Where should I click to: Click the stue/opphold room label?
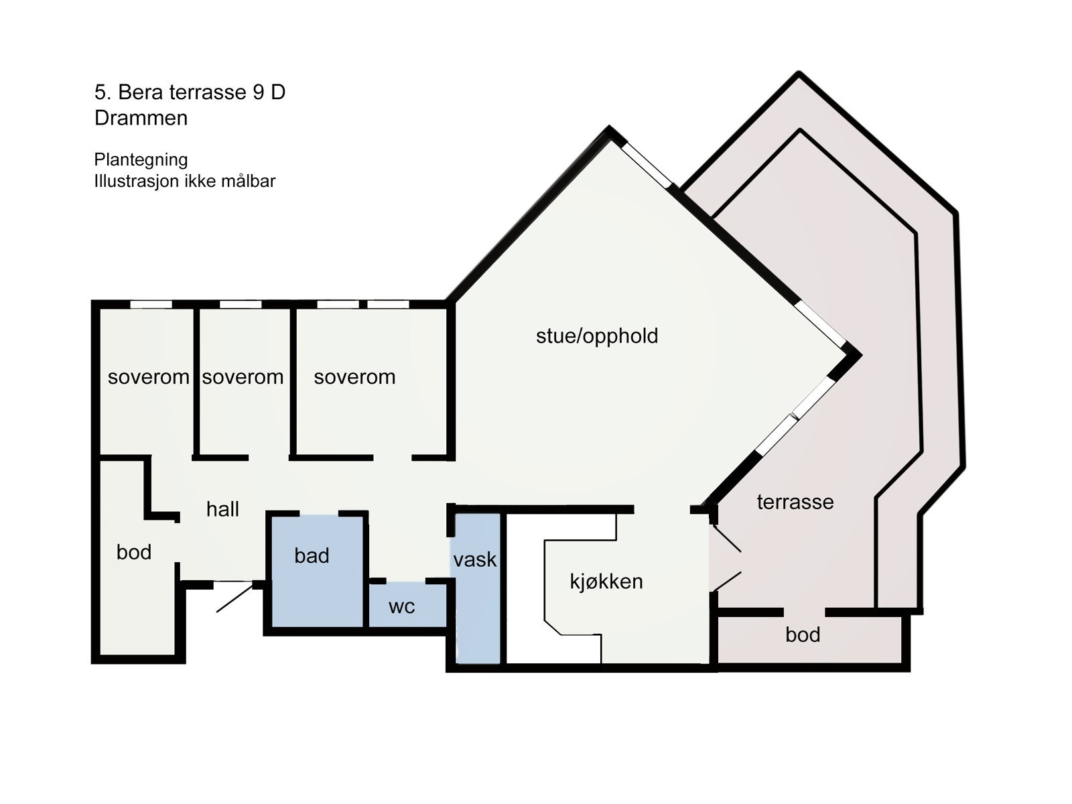(x=596, y=336)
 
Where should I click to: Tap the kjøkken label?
(x=606, y=581)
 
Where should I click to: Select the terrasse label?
(x=795, y=502)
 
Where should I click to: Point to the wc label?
(x=401, y=606)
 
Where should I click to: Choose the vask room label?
(x=474, y=559)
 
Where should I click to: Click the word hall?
(x=222, y=509)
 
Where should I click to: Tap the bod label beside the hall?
(x=133, y=552)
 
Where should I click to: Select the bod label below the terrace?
(x=802, y=634)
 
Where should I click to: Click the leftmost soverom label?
(x=148, y=377)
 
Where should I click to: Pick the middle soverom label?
(x=243, y=377)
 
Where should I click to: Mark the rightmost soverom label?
(x=354, y=377)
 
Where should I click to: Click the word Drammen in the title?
(x=141, y=118)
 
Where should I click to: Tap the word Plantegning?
(x=141, y=159)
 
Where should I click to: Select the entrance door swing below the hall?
(x=234, y=596)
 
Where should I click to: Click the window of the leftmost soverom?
(x=151, y=304)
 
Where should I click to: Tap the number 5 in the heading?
(x=99, y=92)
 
